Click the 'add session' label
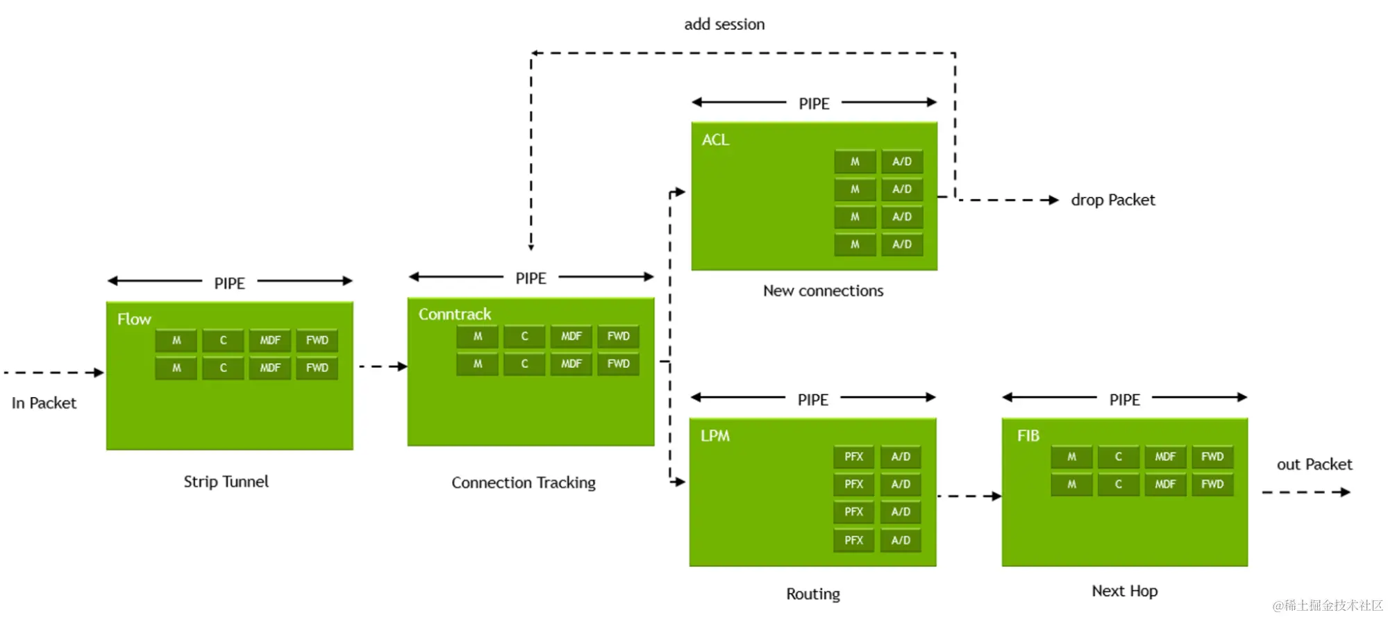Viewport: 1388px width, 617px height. [724, 24]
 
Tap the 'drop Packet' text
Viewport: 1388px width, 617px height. [1113, 200]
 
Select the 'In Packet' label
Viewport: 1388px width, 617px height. [44, 403]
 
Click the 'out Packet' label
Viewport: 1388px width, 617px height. [1314, 464]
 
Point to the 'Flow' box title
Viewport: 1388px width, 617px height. [134, 319]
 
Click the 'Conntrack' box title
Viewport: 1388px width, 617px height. [455, 314]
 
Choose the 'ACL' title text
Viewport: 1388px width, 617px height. [715, 140]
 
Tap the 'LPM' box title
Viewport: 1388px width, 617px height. [715, 436]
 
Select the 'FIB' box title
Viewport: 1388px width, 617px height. [1028, 436]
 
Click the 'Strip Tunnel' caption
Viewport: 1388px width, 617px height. [226, 482]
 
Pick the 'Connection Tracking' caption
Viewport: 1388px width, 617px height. [524, 483]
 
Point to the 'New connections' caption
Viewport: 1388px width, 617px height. [823, 291]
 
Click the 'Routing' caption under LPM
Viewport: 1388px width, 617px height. [813, 594]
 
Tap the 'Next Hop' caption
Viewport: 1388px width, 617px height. [1124, 591]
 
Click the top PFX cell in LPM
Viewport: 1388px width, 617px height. [853, 457]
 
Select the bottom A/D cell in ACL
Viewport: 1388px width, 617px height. [902, 244]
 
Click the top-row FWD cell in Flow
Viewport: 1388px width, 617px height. [317, 340]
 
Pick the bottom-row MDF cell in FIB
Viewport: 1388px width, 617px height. [1165, 484]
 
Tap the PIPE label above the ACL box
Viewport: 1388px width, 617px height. [814, 104]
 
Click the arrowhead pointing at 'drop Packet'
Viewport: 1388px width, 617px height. [1053, 200]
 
